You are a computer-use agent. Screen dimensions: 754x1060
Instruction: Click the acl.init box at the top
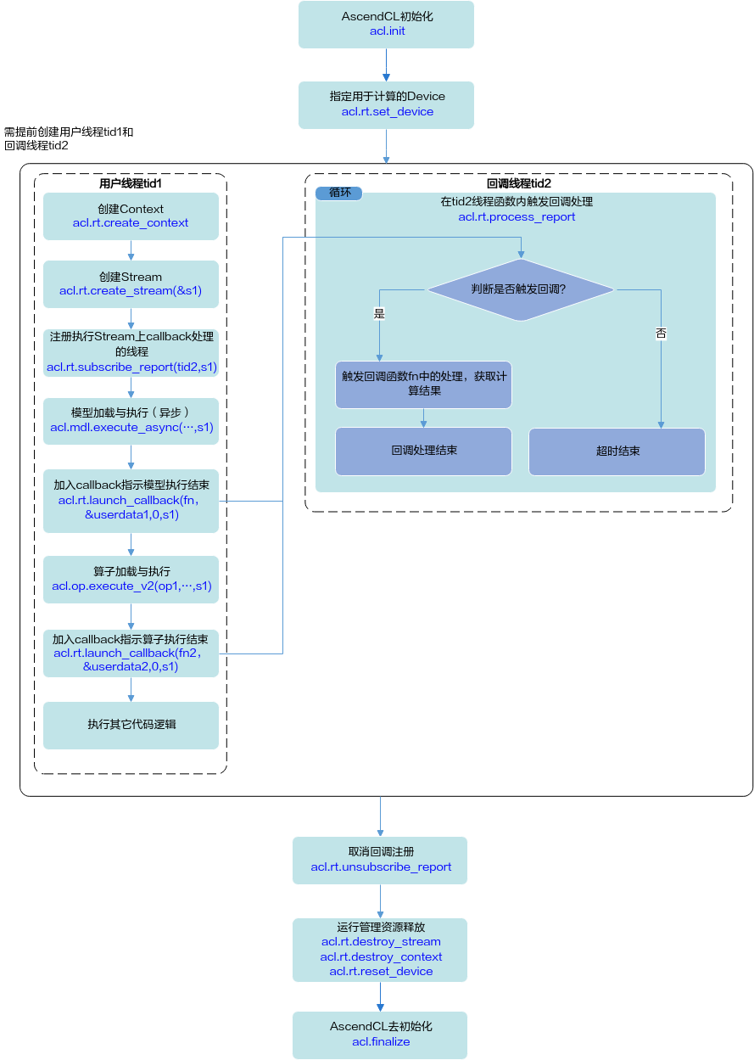coord(386,24)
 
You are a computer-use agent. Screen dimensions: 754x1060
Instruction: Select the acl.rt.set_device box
coord(386,105)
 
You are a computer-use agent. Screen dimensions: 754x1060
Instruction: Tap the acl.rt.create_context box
coord(131,216)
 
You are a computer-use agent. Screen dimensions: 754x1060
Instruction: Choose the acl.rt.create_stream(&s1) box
coord(131,284)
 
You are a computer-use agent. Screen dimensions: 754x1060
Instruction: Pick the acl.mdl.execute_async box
coord(131,421)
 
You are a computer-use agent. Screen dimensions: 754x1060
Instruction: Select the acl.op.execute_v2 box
coord(131,579)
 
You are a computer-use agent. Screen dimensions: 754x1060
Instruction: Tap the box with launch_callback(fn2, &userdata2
coord(131,653)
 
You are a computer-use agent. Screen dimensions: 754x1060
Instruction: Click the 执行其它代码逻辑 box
coord(131,726)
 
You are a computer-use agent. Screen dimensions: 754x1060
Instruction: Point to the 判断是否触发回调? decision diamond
coord(521,289)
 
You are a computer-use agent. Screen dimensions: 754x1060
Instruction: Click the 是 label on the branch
coord(379,313)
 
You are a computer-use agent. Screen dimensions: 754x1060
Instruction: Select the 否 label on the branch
coord(661,334)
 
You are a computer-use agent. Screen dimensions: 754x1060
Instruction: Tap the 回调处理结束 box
coord(423,451)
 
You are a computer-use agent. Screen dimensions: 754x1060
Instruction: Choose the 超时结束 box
coord(617,451)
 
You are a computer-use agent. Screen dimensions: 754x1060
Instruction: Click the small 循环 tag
coord(338,193)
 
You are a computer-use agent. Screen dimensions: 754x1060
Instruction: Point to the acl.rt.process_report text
coord(517,216)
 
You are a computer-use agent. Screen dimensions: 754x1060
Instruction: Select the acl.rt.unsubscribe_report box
coord(380,861)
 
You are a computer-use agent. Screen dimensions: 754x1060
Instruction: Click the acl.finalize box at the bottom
coord(380,1035)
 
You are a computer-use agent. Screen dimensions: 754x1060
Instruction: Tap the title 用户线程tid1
coord(131,183)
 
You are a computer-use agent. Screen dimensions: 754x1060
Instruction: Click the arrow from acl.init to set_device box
coord(386,64)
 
